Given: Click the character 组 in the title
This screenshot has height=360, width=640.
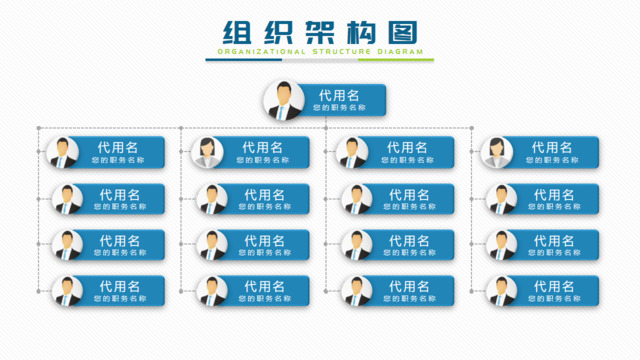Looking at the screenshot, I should [236, 31].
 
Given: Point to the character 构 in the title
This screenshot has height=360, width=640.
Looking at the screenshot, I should [361, 31].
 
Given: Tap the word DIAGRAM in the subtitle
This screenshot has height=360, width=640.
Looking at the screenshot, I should [397, 51].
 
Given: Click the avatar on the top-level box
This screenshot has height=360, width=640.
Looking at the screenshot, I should [283, 101].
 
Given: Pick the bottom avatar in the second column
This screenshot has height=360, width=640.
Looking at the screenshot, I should [211, 291].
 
